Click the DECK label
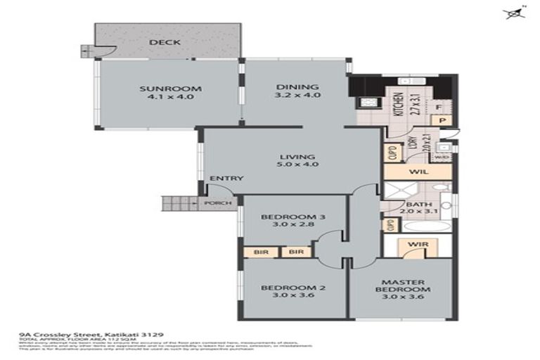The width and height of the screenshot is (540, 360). tap(165, 42)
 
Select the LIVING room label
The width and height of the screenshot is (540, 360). tap(295, 156)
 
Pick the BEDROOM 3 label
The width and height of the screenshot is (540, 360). tap(293, 217)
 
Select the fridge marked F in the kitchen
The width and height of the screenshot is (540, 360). tap(438, 108)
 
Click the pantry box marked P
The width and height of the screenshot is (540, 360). tap(443, 121)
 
